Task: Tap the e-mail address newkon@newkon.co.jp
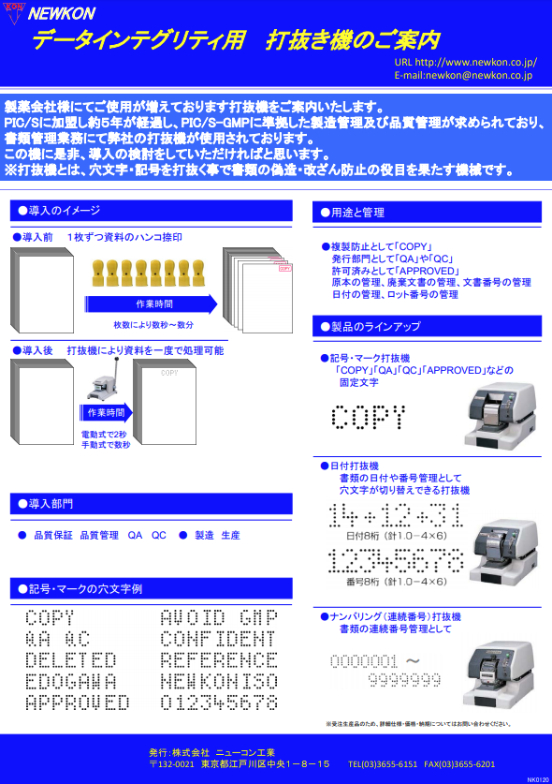click(x=463, y=75)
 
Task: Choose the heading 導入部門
click(x=51, y=504)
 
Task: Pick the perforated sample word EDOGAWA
click(x=71, y=681)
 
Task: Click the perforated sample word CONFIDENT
click(x=219, y=640)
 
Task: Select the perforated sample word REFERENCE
click(x=219, y=660)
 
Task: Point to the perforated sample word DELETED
click(x=71, y=660)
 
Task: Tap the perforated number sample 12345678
click(x=396, y=561)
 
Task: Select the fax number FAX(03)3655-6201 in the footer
click(x=459, y=764)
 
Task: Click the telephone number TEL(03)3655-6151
click(x=384, y=764)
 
